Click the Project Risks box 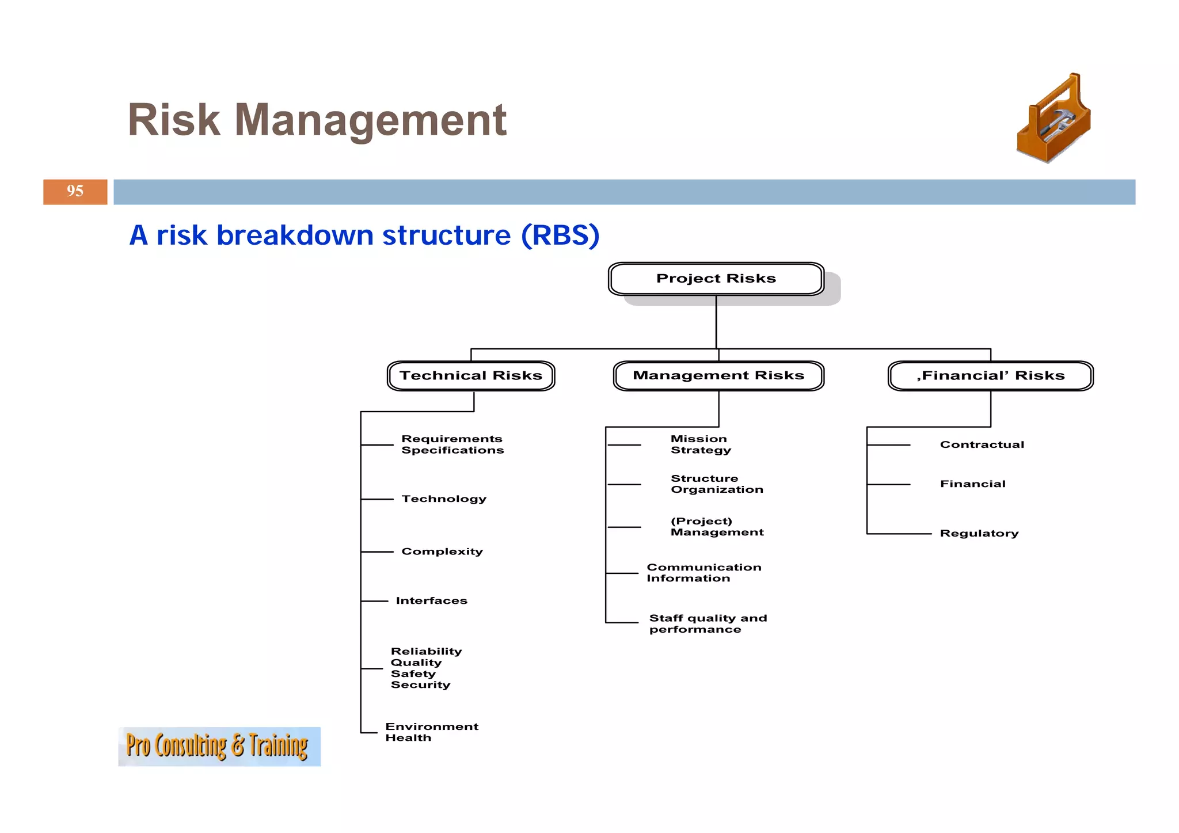click(x=716, y=279)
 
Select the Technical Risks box click(x=471, y=376)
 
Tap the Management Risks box click(x=718, y=376)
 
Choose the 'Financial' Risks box click(x=990, y=376)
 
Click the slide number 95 click(x=75, y=191)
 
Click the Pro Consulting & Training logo click(x=219, y=746)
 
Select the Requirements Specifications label click(x=452, y=444)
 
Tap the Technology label click(x=444, y=499)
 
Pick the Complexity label click(x=442, y=551)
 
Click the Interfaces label click(x=432, y=601)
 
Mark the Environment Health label click(x=432, y=732)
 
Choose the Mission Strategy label click(x=701, y=444)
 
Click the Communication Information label click(x=703, y=573)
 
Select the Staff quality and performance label click(x=708, y=623)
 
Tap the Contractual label click(x=982, y=444)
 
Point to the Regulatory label click(x=979, y=534)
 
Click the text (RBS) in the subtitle click(x=560, y=235)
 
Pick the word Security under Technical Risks click(x=420, y=685)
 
